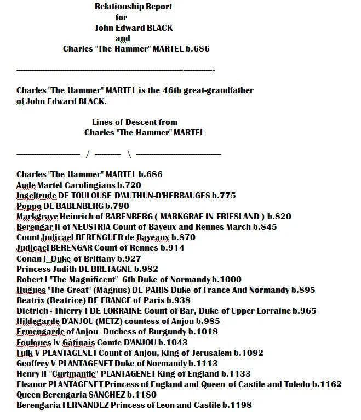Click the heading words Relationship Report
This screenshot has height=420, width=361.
pyautogui.click(x=133, y=7)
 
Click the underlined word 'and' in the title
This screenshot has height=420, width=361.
pyautogui.click(x=123, y=38)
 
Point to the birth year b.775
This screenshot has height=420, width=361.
pyautogui.click(x=224, y=196)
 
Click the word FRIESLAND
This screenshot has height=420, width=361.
pyautogui.click(x=233, y=217)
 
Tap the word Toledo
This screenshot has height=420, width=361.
pyautogui.click(x=296, y=384)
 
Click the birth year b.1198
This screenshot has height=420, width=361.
pyautogui.click(x=237, y=405)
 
